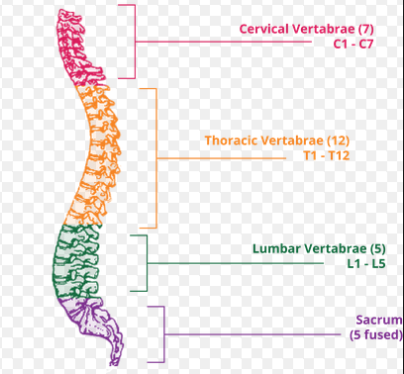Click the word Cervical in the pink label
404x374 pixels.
264,29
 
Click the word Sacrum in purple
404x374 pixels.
378,321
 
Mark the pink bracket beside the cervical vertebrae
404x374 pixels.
133,42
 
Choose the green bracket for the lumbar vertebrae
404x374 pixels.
147,262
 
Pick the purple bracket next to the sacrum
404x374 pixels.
161,333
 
